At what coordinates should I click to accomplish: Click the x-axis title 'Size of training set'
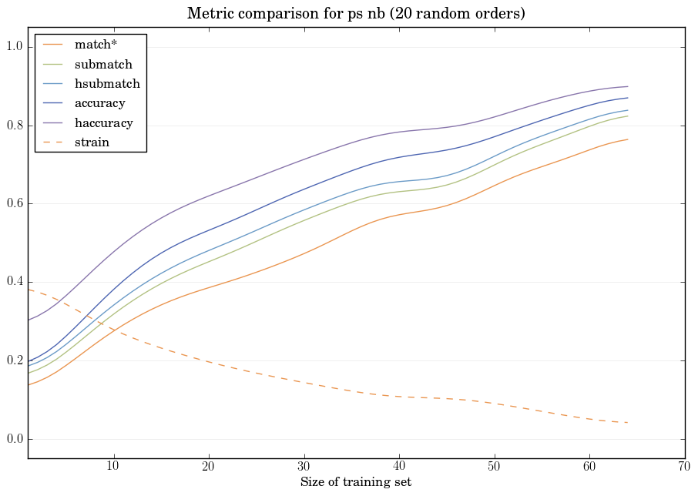point(356,483)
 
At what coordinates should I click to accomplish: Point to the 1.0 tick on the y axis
point(14,47)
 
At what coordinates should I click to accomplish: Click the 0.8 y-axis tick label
point(14,126)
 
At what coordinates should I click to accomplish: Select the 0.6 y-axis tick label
point(14,204)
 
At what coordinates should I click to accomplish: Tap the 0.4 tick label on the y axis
point(14,283)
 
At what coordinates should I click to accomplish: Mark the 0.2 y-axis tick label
point(14,361)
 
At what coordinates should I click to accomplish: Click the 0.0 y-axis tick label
point(14,440)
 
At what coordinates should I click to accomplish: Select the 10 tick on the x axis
point(113,467)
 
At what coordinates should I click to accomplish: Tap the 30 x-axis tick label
point(304,467)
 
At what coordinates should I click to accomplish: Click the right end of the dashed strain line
point(628,423)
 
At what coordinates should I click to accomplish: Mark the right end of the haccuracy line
point(628,86)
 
